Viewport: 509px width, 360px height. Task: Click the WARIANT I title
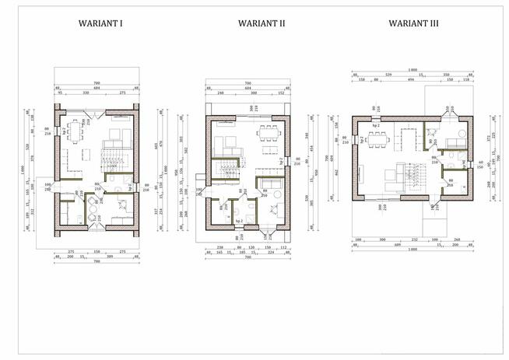click(x=101, y=24)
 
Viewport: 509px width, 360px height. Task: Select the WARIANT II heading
click(x=261, y=24)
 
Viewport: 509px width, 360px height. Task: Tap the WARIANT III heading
click(x=413, y=24)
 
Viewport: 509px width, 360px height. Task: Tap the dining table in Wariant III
click(x=379, y=138)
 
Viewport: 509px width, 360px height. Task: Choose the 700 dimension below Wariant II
click(x=247, y=257)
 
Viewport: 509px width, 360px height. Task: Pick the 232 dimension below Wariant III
click(x=415, y=239)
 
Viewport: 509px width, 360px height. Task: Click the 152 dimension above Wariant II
click(x=281, y=93)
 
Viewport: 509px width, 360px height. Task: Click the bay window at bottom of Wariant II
click(x=270, y=231)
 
